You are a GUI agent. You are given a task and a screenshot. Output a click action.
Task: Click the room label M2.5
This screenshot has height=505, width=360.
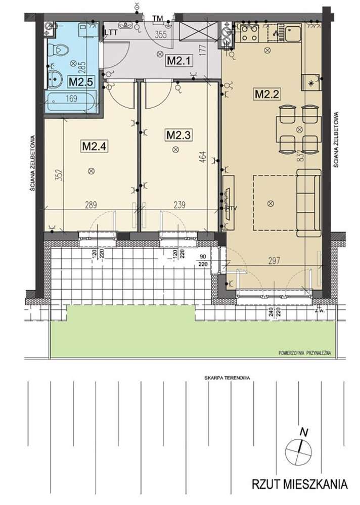click(79, 81)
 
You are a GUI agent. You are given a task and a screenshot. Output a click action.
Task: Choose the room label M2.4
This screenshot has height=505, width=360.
click(93, 147)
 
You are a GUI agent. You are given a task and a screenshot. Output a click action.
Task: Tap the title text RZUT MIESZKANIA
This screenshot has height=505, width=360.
click(300, 484)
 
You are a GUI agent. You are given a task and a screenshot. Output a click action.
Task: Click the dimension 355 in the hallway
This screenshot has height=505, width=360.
click(161, 35)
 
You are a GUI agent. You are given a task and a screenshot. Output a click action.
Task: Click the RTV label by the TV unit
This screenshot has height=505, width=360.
click(232, 207)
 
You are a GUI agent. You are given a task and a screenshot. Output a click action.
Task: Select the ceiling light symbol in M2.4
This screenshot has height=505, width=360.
click(91, 171)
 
